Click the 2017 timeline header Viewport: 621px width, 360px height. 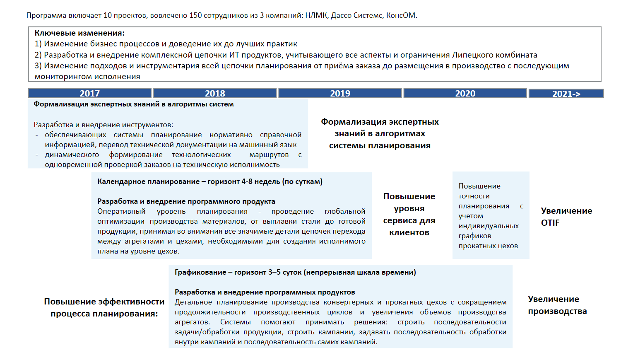tap(89, 93)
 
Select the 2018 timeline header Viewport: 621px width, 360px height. tap(215, 93)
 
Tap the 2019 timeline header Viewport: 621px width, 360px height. tap(340, 93)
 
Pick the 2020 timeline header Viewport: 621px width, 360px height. tap(465, 93)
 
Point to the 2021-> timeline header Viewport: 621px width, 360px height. tap(566, 94)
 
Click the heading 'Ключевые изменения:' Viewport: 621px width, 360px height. tap(79, 33)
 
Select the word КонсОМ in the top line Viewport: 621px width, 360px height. tap(401, 15)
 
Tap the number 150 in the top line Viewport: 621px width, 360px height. tap(195, 15)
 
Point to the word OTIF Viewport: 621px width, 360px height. tap(550, 223)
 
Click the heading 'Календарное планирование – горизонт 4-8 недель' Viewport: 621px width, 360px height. tap(209, 181)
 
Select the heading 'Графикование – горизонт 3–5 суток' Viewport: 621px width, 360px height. tap(295, 272)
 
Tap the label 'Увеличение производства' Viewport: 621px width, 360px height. tap(557, 305)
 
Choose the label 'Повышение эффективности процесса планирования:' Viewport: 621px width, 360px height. tap(104, 307)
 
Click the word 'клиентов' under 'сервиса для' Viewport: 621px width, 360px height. tap(409, 232)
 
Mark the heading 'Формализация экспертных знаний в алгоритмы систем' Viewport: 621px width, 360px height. tap(134, 104)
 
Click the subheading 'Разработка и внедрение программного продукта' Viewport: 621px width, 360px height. tap(186, 201)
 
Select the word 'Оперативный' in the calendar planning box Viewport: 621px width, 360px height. tap(121, 211)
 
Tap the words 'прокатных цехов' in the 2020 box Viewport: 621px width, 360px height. tap(488, 246)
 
